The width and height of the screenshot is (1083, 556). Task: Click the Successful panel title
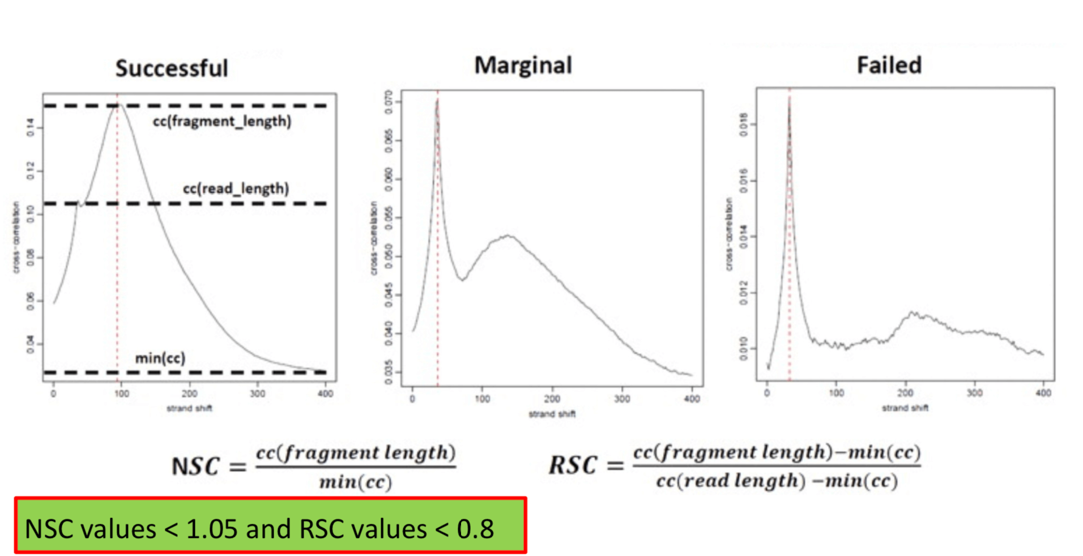tap(172, 69)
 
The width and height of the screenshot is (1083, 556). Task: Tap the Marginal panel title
tap(523, 66)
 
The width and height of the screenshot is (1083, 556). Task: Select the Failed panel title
tap(889, 66)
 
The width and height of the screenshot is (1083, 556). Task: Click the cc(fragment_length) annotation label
tap(221, 121)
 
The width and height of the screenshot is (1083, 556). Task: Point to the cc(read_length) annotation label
tap(236, 188)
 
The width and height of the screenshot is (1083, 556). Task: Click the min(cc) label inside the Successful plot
tap(160, 358)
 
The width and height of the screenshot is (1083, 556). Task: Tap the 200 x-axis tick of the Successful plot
tap(189, 394)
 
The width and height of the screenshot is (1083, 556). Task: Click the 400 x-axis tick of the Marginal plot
tap(692, 399)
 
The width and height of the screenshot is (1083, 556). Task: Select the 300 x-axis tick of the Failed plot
tap(974, 392)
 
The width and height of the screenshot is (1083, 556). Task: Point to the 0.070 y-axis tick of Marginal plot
tap(389, 102)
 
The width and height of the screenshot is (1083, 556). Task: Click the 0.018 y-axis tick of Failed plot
tap(744, 124)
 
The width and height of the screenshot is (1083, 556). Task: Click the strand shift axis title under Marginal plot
tap(552, 414)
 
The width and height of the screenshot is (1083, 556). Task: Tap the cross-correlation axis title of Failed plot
tap(728, 234)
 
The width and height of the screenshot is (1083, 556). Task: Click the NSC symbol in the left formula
tap(195, 467)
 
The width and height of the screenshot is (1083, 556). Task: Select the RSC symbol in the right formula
tap(573, 465)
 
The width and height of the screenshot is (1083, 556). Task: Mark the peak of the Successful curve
tap(118, 105)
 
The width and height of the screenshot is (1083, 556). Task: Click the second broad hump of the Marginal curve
tap(508, 236)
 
